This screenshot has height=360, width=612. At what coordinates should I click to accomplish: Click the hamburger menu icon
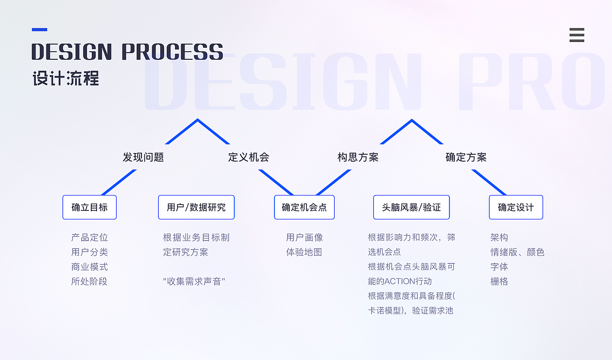[577, 35]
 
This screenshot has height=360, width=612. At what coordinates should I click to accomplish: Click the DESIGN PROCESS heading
[127, 52]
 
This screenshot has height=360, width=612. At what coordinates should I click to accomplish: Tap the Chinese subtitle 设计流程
[66, 78]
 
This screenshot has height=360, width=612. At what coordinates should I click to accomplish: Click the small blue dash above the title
[40, 30]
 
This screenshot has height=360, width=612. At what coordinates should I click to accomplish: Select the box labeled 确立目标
[89, 207]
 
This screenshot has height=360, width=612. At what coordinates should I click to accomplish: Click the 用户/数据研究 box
[197, 207]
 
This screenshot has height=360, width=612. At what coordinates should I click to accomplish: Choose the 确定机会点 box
[305, 207]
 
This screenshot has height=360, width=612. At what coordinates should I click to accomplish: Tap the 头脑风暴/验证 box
[412, 207]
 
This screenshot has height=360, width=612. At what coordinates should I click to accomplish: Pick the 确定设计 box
[516, 207]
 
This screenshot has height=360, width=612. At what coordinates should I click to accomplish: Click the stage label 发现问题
[143, 157]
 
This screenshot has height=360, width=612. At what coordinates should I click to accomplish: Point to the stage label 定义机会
[249, 157]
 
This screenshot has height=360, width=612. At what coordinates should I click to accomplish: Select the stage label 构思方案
[358, 157]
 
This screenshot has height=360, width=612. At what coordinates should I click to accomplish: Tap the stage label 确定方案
[466, 157]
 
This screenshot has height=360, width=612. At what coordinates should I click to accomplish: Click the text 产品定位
[89, 237]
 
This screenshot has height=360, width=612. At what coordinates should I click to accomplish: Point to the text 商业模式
[89, 267]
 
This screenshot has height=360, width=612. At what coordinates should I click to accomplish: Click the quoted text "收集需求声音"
[194, 281]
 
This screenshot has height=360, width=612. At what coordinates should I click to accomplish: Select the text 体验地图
[304, 252]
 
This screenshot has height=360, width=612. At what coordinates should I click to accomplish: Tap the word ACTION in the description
[399, 281]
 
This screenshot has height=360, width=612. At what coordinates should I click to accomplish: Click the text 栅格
[499, 281]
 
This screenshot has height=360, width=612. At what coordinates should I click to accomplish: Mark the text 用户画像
[305, 237]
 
